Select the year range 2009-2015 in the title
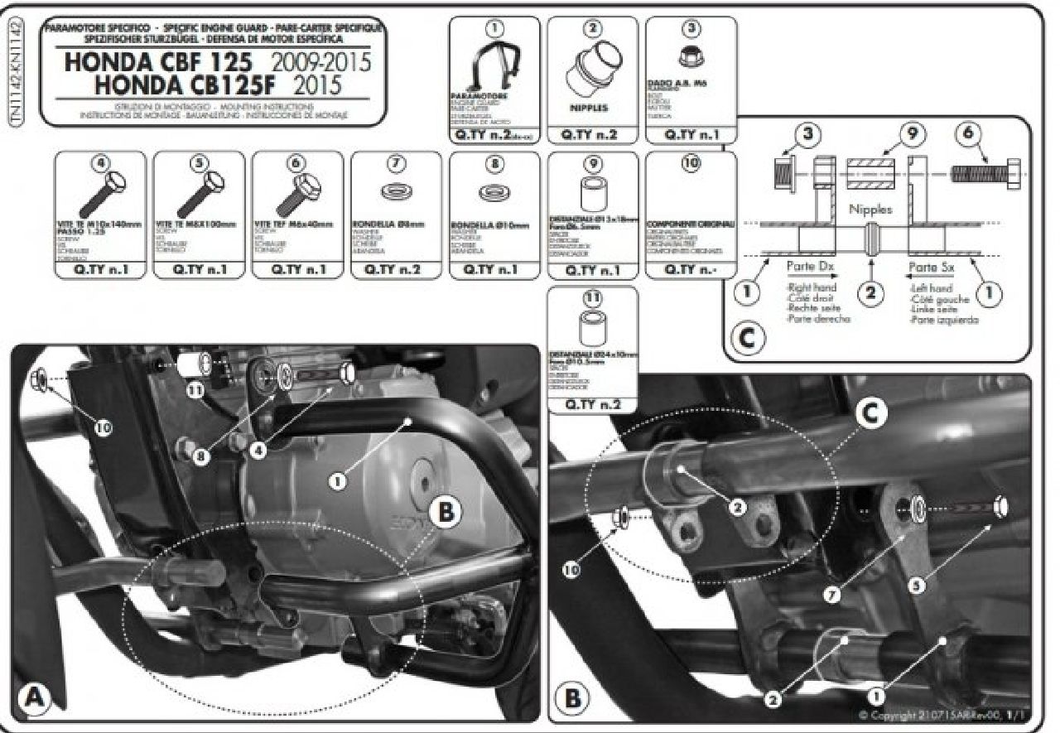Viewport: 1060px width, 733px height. coord(320,63)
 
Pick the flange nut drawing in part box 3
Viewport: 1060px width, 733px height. coord(690,58)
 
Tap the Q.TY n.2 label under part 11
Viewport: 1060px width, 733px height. coord(593,404)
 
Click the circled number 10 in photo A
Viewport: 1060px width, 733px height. coord(103,427)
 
